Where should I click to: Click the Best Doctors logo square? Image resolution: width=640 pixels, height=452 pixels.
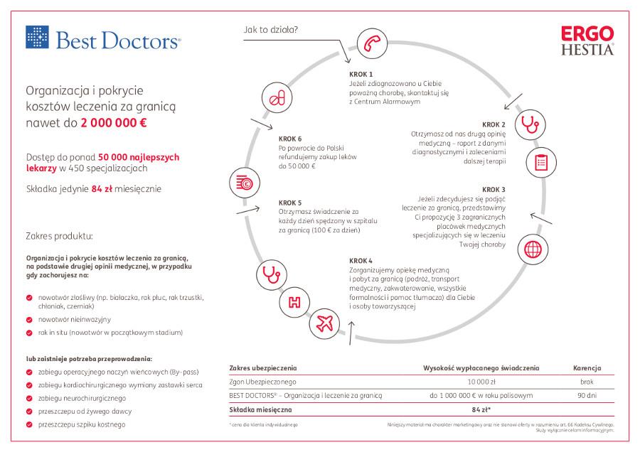pyautogui.click(x=36, y=37)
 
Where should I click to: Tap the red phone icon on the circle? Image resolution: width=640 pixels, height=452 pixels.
pyautogui.click(x=369, y=42)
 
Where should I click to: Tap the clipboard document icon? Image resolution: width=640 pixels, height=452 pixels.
pyautogui.click(x=540, y=162)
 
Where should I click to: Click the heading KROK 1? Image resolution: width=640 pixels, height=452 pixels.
pyautogui.click(x=361, y=74)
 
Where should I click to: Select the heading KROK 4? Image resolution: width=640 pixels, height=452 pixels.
pyautogui.click(x=361, y=260)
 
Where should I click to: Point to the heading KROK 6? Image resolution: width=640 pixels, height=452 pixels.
pyautogui.click(x=290, y=138)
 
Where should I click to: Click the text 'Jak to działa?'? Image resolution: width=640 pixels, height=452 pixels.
pyautogui.click(x=270, y=31)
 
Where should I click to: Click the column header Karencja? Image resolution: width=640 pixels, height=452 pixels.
pyautogui.click(x=587, y=368)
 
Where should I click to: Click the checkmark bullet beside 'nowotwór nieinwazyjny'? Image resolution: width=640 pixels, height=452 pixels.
pyautogui.click(x=28, y=319)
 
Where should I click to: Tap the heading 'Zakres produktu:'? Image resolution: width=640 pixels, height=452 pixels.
pyautogui.click(x=59, y=235)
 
